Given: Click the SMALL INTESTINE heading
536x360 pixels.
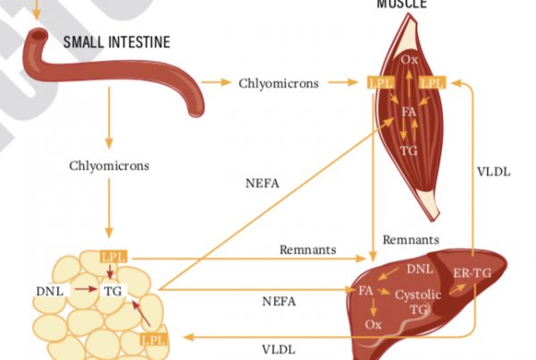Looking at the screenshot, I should click(116, 42).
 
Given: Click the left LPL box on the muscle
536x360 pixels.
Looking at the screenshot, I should click(378, 83).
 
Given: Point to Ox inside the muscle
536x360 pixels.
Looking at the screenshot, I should click(409, 60).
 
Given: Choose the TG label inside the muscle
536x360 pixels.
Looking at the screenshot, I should click(409, 150).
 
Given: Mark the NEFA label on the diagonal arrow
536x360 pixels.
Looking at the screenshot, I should click(263, 185).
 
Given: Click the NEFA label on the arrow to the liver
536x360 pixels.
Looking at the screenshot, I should click(279, 301).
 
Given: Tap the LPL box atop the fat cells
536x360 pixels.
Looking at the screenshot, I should click(113, 257).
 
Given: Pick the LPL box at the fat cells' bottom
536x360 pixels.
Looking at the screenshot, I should click(153, 339).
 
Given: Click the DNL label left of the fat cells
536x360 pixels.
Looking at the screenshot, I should click(49, 290).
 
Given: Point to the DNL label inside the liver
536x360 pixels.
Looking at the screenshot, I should click(421, 269).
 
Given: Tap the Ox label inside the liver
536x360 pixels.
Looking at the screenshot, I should click(373, 325).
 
